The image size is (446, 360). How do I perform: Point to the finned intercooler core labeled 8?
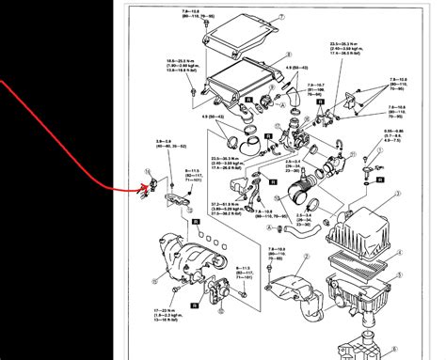pyautogui.click(x=231, y=85)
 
